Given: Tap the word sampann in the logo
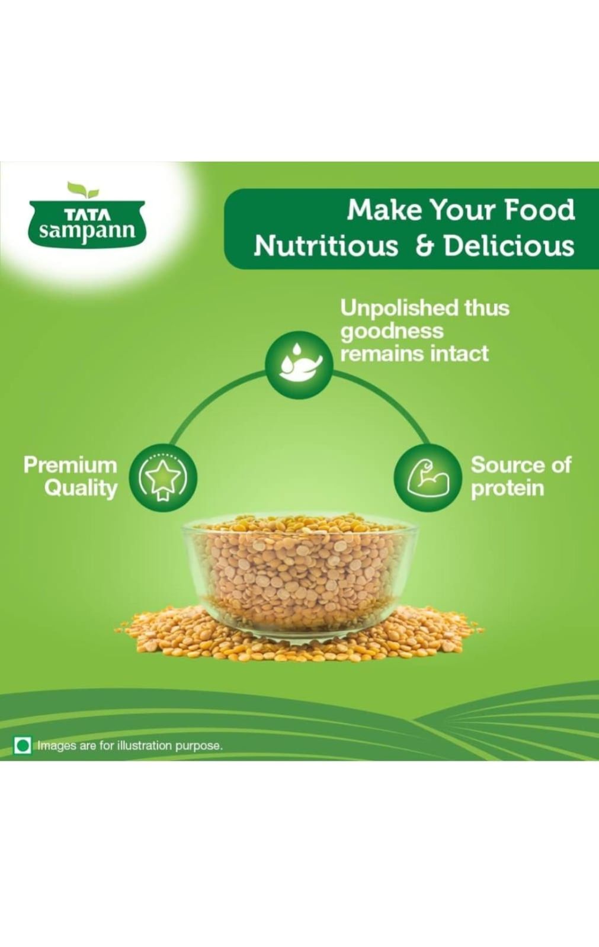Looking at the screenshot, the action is [x=87, y=232].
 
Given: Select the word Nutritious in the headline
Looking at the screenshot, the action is [x=326, y=246].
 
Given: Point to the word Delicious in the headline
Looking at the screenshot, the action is [x=510, y=246].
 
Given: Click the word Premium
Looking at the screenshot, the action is [x=71, y=465].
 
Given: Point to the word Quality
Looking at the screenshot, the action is [x=81, y=489].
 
